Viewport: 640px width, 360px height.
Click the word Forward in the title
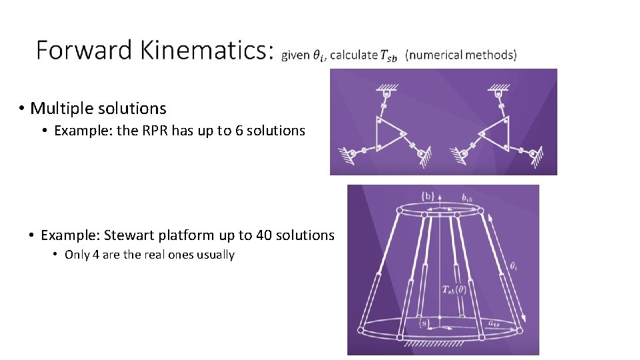click(x=74, y=50)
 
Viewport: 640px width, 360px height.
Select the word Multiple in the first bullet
click(x=60, y=108)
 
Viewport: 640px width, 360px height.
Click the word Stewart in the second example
click(x=129, y=235)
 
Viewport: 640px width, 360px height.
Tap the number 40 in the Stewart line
click(x=263, y=235)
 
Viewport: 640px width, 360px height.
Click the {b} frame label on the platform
click(x=429, y=195)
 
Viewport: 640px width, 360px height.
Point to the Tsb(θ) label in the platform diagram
click(x=454, y=289)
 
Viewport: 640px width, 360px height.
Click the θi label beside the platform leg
click(x=513, y=265)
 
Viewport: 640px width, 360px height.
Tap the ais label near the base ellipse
click(x=494, y=323)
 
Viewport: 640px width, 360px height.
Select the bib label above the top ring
click(x=467, y=197)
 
